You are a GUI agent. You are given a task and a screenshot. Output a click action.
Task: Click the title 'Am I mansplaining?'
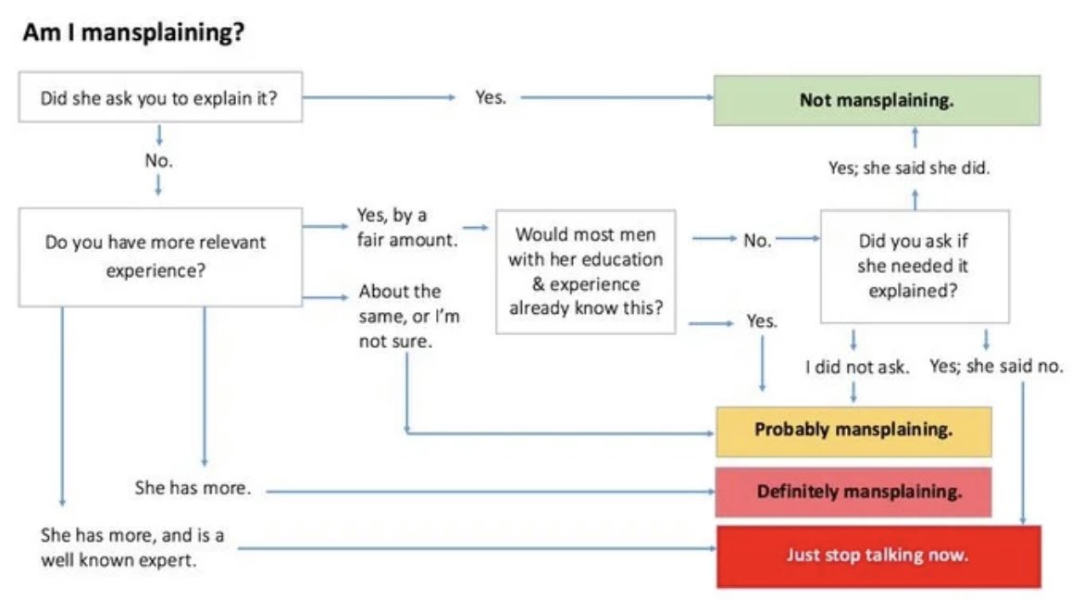click(x=134, y=32)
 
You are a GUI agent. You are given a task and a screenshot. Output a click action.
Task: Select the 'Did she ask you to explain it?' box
click(x=160, y=97)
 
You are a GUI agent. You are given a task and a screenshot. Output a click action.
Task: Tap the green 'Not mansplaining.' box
click(x=877, y=100)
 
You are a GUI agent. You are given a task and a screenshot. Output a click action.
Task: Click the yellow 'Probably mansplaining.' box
click(x=853, y=431)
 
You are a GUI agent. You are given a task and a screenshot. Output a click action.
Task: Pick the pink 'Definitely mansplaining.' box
click(x=853, y=493)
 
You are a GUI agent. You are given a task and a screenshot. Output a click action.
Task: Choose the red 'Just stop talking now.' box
click(x=878, y=556)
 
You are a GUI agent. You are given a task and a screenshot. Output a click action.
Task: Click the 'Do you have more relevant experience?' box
click(x=160, y=257)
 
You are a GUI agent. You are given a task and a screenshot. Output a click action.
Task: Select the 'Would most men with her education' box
click(x=586, y=271)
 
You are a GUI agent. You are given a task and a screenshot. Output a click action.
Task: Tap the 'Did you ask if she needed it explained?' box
click(x=915, y=266)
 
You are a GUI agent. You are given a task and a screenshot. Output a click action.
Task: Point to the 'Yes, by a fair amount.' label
click(x=406, y=228)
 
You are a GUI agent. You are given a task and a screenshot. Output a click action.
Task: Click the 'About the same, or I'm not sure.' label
click(x=409, y=316)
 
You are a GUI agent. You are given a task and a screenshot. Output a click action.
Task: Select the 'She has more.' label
click(x=193, y=488)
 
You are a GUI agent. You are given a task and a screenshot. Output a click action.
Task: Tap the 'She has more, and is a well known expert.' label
click(x=132, y=547)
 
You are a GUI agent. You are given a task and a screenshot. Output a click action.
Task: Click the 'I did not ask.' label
click(x=856, y=367)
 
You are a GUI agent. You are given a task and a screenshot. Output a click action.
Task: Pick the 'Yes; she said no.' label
click(x=996, y=367)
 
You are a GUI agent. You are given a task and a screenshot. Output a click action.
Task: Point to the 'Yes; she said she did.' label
click(x=909, y=168)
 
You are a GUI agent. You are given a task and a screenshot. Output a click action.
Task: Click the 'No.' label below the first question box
click(x=159, y=160)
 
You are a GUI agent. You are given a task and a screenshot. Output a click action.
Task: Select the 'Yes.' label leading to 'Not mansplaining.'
click(x=491, y=97)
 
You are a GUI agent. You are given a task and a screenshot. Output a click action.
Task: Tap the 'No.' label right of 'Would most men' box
click(x=757, y=241)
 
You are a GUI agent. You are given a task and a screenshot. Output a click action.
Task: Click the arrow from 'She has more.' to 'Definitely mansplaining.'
click(x=491, y=492)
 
